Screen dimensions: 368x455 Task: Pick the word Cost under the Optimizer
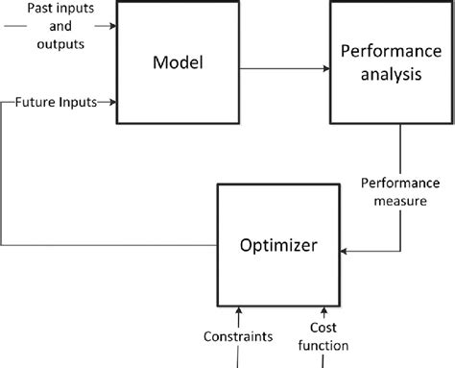click(x=322, y=328)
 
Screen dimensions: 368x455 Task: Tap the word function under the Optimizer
click(x=322, y=346)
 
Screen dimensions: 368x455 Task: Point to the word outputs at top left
click(x=60, y=42)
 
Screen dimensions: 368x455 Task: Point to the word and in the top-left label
click(x=60, y=25)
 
